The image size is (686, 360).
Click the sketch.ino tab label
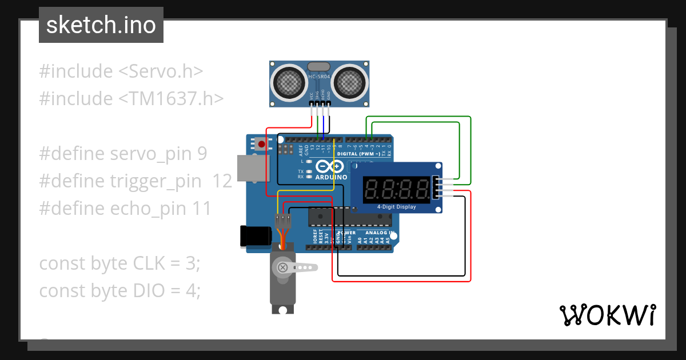pyautogui.click(x=101, y=25)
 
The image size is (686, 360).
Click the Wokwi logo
pyautogui.click(x=607, y=315)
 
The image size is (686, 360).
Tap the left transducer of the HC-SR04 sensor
pyautogui.click(x=289, y=82)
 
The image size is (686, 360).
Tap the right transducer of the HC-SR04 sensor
pyautogui.click(x=349, y=82)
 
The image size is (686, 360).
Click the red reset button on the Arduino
pyautogui.click(x=262, y=144)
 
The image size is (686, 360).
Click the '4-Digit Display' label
pyautogui.click(x=396, y=207)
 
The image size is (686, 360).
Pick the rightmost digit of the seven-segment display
pyautogui.click(x=422, y=189)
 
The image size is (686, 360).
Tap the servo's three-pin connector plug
pyautogui.click(x=283, y=221)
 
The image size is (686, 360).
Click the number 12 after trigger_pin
pyautogui.click(x=222, y=181)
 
